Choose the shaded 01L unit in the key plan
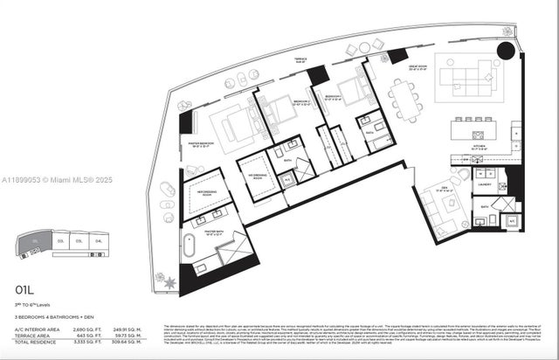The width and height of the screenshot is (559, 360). coord(34,239)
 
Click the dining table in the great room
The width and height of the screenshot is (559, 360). coord(404,98)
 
